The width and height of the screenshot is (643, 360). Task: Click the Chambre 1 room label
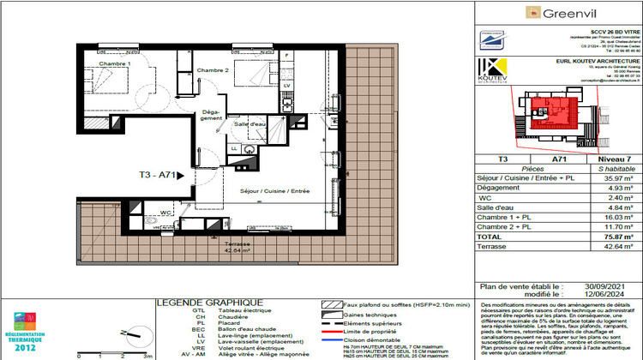115,64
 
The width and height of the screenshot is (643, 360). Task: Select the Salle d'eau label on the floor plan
249,125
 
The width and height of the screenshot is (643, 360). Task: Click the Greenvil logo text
563,13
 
